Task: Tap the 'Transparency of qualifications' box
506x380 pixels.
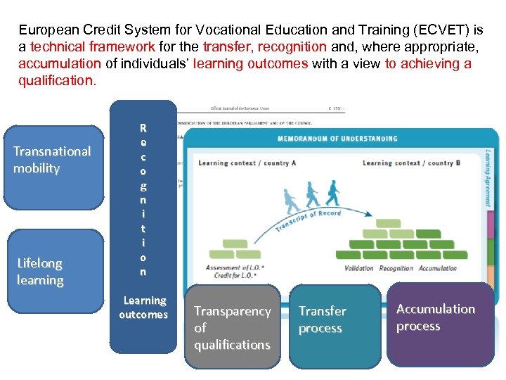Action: [x=232, y=327]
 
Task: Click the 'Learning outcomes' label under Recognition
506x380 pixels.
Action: [x=143, y=308]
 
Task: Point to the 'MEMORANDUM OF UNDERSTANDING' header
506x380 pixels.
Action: [x=337, y=139]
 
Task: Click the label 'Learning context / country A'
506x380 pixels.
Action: [x=247, y=163]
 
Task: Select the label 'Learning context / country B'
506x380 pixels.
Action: [x=411, y=163]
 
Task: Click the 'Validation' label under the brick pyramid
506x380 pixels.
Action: [x=360, y=268]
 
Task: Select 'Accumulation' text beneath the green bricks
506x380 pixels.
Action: [x=437, y=268]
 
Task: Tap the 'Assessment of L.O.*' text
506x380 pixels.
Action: [x=233, y=267]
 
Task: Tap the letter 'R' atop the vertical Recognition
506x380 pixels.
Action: [x=143, y=128]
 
